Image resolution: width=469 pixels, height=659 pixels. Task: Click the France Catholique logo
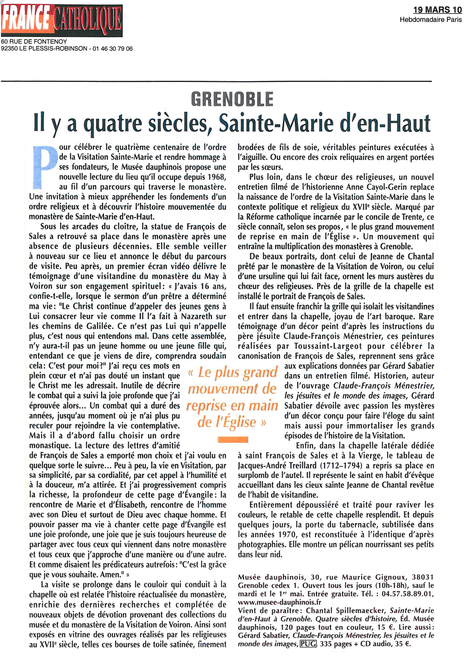pyautogui.click(x=62, y=20)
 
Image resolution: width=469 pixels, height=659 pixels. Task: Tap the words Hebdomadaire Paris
pyautogui.click(x=430, y=19)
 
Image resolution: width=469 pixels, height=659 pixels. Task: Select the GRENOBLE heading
pyautogui.click(x=232, y=99)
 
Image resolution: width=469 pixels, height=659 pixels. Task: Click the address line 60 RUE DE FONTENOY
pyautogui.click(x=34, y=41)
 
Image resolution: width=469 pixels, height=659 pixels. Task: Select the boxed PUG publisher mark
pyautogui.click(x=308, y=644)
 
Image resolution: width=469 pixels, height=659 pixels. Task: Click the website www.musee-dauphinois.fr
pyautogui.click(x=280, y=602)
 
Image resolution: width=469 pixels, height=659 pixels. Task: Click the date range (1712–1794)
pyautogui.click(x=341, y=465)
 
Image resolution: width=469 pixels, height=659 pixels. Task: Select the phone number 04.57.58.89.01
pyautogui.click(x=408, y=594)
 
